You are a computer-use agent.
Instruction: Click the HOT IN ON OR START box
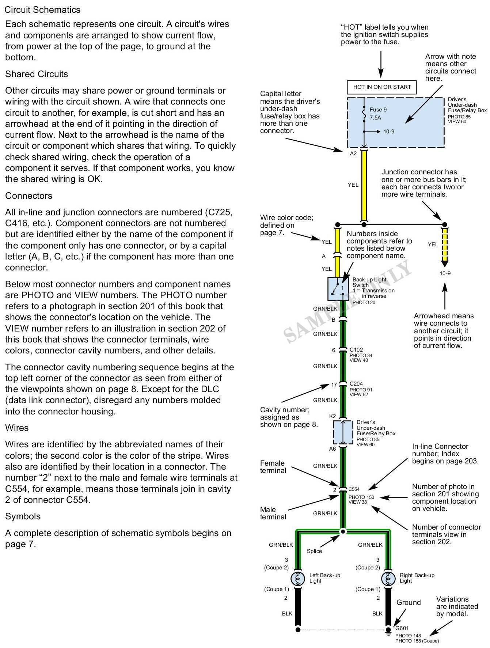382,87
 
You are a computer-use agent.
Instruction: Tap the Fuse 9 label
378,110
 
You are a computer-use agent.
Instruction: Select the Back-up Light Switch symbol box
339,289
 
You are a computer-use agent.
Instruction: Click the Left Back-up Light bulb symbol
298,578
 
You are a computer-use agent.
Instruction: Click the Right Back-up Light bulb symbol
388,578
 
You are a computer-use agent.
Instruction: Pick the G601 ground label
402,628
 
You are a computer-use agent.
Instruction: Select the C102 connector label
356,350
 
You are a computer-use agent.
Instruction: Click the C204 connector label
356,384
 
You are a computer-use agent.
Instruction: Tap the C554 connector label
354,489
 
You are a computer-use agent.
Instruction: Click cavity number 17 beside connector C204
334,384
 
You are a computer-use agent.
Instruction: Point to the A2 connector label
353,154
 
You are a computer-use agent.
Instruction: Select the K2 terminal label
333,416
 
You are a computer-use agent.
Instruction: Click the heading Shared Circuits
37,74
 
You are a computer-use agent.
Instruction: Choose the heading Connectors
29,196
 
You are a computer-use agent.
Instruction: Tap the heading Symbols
23,516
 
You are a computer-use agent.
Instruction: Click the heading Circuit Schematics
42,10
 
